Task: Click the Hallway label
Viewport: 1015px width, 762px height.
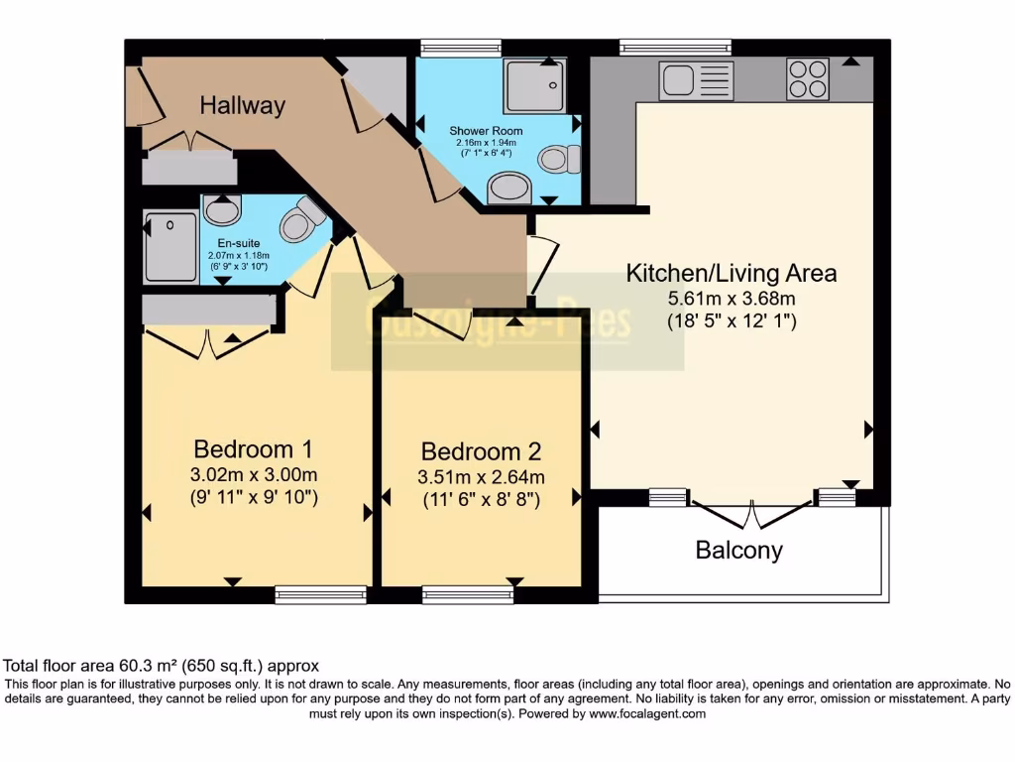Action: coord(242,105)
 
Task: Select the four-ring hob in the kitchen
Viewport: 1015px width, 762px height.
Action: coord(808,80)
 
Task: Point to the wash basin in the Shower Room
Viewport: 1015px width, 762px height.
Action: coord(509,188)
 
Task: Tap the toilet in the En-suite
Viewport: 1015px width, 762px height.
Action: coord(301,220)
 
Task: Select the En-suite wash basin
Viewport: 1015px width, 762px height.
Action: coord(222,209)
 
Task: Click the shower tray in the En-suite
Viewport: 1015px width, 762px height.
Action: coord(170,245)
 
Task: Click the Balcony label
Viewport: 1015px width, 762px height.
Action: coord(738,550)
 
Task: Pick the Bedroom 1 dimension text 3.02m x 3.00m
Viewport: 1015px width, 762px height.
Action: coord(256,474)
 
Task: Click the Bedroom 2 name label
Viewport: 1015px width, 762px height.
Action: coord(481,451)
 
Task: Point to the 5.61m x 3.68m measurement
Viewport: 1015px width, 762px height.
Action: coord(731,298)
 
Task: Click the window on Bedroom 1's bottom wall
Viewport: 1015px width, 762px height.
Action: coord(320,595)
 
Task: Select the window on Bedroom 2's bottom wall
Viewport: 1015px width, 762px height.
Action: coord(467,595)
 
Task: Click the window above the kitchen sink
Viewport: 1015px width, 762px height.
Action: coord(675,46)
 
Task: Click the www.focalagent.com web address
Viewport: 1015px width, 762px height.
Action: coord(647,713)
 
